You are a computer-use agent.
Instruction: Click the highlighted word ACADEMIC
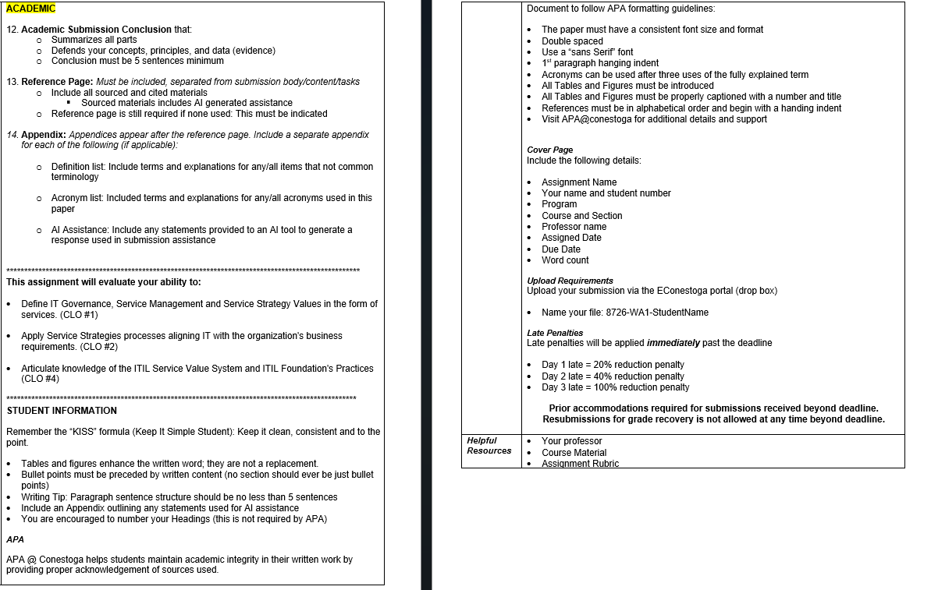31,9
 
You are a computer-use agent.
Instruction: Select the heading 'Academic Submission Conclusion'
96,30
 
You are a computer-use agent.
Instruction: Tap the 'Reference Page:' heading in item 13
57,82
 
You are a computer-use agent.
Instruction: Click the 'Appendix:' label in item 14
44,135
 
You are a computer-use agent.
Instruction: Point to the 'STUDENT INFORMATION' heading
62,411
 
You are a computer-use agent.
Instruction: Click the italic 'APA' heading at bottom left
15,539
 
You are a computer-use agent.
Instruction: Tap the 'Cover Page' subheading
549,150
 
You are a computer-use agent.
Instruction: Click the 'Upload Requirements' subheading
570,281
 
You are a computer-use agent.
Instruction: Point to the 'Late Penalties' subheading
555,333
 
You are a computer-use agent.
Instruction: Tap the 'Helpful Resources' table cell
489,446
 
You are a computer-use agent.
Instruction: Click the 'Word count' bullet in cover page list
565,260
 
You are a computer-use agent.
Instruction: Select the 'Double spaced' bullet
572,41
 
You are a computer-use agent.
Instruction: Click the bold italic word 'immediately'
673,343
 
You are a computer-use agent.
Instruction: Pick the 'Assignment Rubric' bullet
580,464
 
